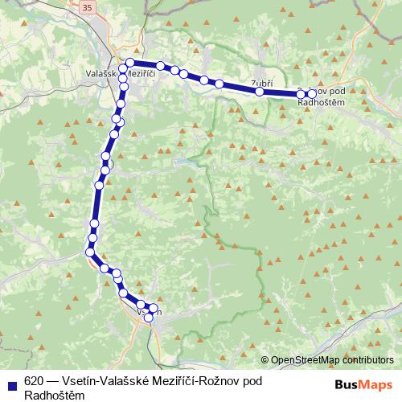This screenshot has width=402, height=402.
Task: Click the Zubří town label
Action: [262, 83]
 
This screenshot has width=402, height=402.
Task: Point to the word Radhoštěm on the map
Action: [322, 102]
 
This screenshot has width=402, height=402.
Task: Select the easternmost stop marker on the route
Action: [312, 94]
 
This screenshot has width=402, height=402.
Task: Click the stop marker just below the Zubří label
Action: [260, 92]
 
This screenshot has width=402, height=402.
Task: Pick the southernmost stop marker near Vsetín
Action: [148, 318]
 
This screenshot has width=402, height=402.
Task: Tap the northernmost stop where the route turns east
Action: [129, 62]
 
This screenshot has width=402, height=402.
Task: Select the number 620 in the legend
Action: [34, 380]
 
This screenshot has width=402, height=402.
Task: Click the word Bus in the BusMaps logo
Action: [347, 384]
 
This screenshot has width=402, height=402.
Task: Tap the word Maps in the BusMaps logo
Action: [375, 384]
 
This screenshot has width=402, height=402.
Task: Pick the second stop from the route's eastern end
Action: [301, 94]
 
